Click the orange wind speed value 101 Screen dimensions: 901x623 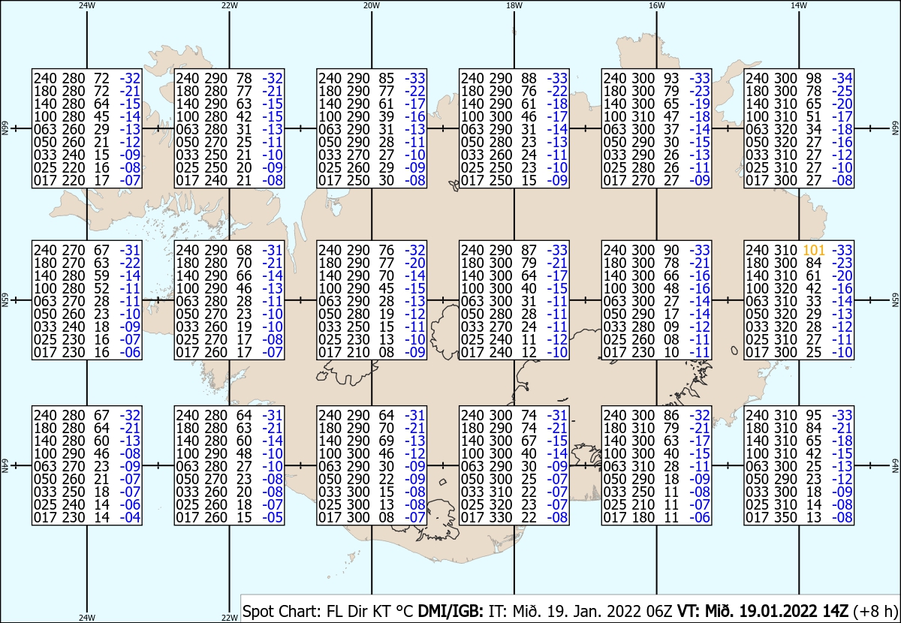[x=814, y=250]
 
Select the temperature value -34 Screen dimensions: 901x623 [x=842, y=78]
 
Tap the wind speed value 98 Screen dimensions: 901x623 [x=814, y=78]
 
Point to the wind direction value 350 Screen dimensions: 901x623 [x=785, y=517]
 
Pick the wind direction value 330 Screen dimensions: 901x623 [x=501, y=517]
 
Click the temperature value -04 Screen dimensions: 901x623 [x=130, y=517]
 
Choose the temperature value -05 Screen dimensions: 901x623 [x=273, y=517]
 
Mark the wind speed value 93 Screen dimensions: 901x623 [x=671, y=78]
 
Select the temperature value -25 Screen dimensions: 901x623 [x=842, y=91]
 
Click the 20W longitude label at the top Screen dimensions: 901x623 [x=372, y=6]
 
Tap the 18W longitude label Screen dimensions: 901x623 [x=514, y=6]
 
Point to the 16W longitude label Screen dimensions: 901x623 [x=656, y=6]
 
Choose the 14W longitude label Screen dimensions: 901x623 [x=799, y=6]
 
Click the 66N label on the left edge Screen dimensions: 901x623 [x=5, y=128]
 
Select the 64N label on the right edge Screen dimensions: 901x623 [x=895, y=465]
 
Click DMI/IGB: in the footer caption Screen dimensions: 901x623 [x=450, y=611]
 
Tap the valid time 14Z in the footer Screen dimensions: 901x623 [x=835, y=611]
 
